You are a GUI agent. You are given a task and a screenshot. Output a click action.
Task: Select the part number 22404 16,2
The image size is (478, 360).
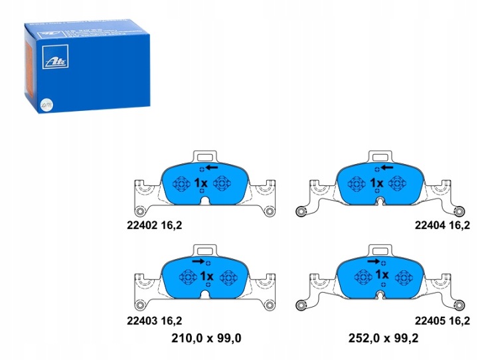tap(443, 225)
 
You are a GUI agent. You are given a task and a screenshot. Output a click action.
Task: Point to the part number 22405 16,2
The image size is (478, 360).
tap(443, 319)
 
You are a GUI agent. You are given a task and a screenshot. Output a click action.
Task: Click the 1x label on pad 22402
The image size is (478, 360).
tap(201, 183)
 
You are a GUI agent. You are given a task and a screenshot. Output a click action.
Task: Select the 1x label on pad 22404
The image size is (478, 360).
tap(377, 183)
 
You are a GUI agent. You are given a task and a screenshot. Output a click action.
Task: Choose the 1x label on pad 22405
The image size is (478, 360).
tap(382, 274)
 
